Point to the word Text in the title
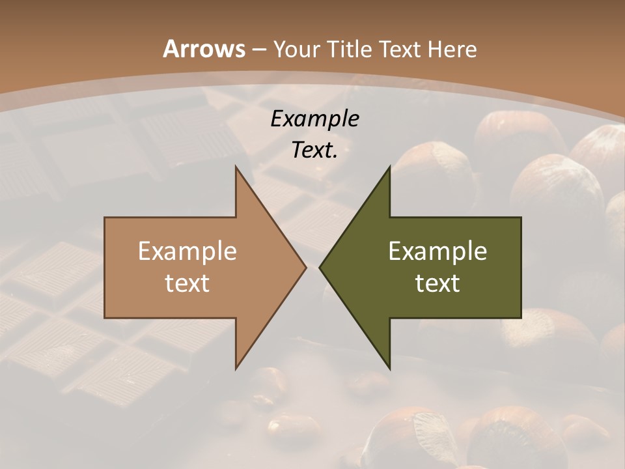tap(400, 49)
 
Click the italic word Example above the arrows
tap(314, 119)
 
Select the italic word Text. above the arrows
tap(314, 150)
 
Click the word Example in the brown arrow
tap(187, 251)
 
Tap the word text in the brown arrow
tap(187, 283)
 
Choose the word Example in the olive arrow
tap(437, 251)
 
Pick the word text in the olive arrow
tap(437, 283)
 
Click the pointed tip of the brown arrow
tap(306, 267)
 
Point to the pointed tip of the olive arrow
tap(319, 267)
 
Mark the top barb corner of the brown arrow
tap(236, 167)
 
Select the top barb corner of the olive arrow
tap(389, 167)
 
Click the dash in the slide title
tap(258, 50)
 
